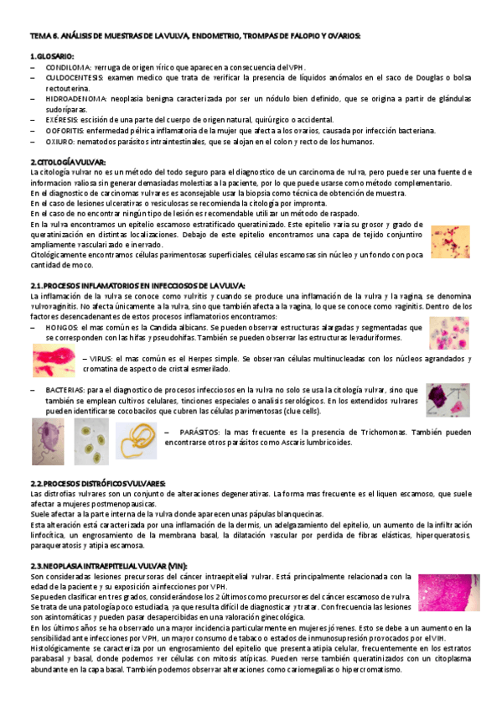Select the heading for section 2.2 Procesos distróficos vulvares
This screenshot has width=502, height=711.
[98, 484]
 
